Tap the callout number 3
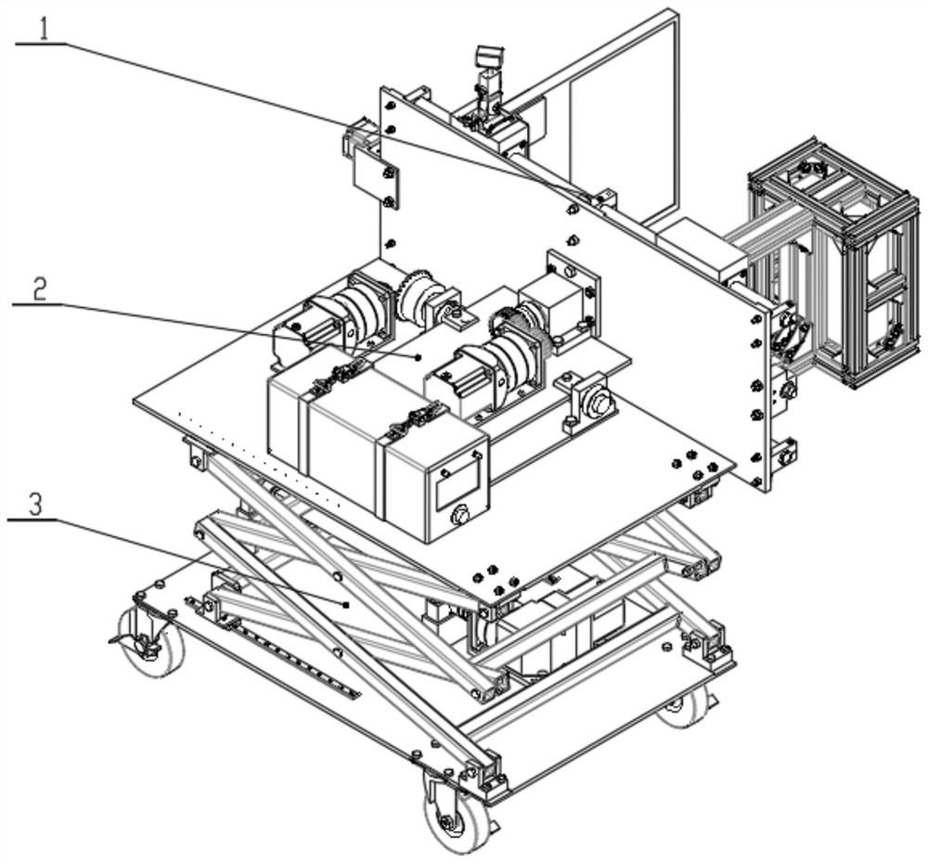(x=35, y=505)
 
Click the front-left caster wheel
(x=150, y=642)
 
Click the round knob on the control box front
(x=459, y=516)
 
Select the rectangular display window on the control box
(x=458, y=483)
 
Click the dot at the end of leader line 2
(x=419, y=356)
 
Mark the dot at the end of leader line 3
(x=346, y=604)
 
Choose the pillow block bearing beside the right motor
(x=593, y=405)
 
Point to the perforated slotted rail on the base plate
(x=275, y=648)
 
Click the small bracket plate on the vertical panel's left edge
(x=375, y=179)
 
